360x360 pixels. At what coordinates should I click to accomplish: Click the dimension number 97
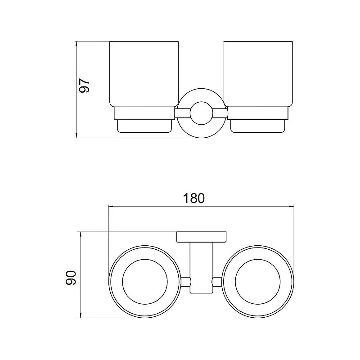(x=84, y=85)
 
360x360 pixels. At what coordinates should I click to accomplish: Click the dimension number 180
(x=193, y=198)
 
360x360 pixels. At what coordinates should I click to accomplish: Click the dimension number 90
(x=71, y=278)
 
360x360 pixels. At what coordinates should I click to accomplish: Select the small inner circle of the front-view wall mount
(x=201, y=113)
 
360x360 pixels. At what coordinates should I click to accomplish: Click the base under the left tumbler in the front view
(x=144, y=126)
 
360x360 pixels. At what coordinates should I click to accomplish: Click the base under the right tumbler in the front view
(x=257, y=126)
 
